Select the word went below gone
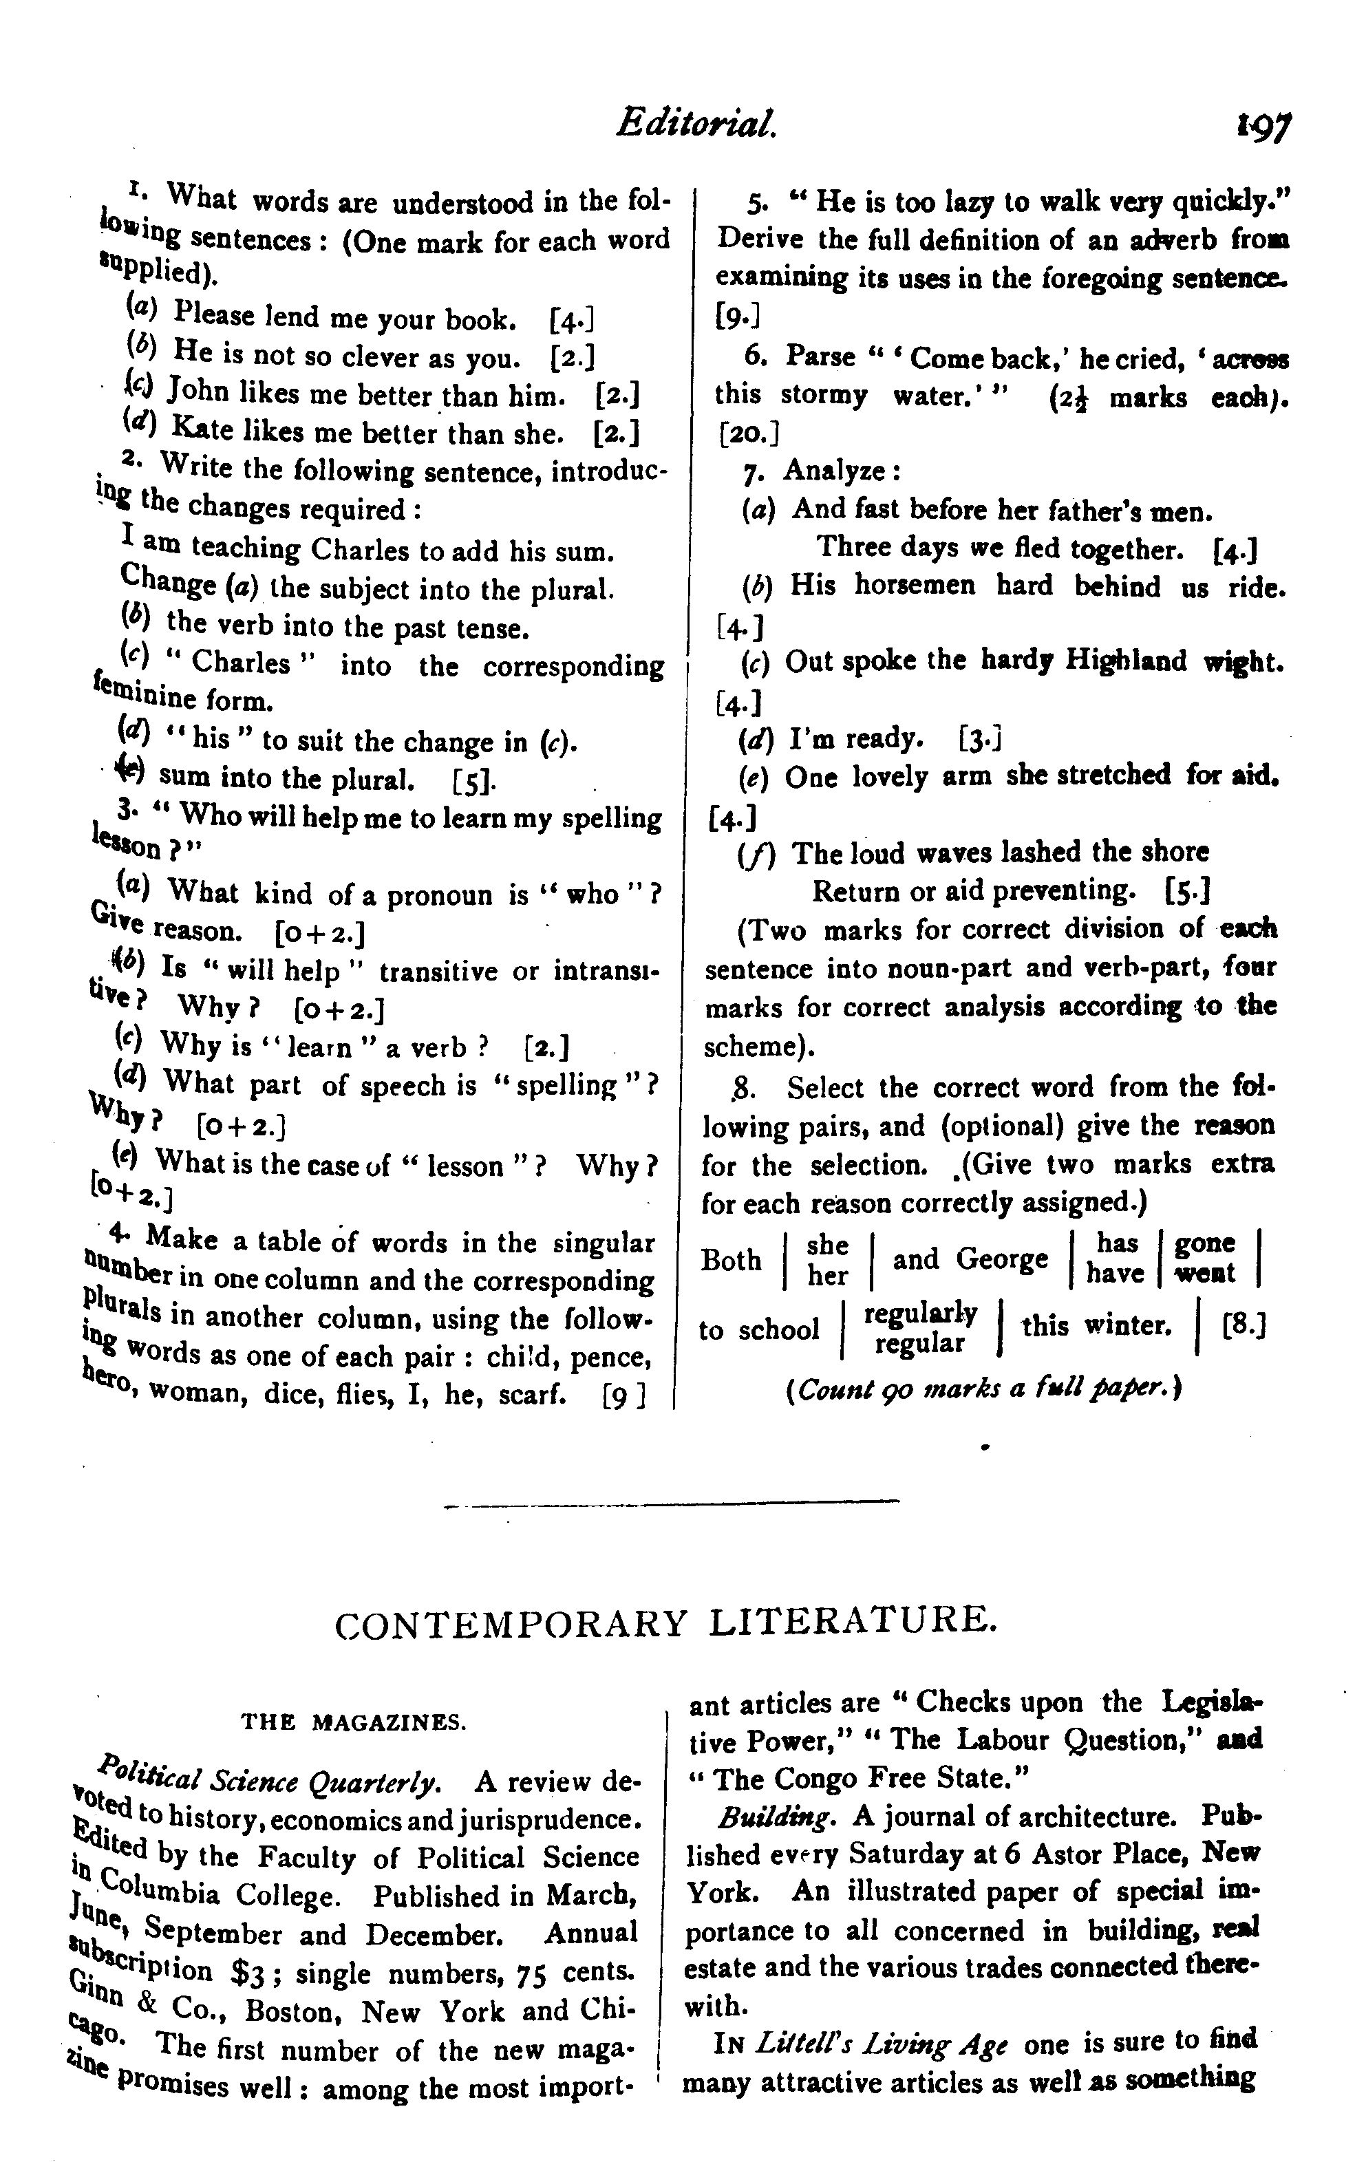click(x=1205, y=1273)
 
